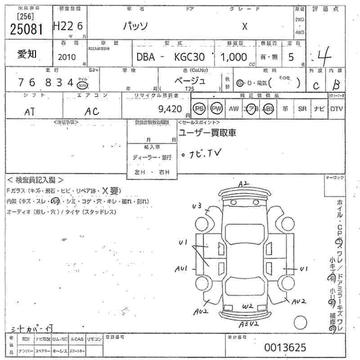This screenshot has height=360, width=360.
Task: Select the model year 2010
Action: (67, 57)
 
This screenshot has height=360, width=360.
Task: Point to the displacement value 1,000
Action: (234, 57)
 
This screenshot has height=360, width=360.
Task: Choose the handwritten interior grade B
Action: (336, 85)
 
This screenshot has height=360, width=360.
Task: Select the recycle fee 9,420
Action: (171, 108)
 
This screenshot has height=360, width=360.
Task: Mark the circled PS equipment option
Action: (198, 109)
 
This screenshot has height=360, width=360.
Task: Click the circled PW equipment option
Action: (216, 109)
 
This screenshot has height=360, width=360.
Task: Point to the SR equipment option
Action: (302, 109)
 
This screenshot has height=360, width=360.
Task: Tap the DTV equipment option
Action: (336, 109)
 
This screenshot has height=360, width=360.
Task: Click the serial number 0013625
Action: (285, 347)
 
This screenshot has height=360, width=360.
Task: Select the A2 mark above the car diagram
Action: (243, 184)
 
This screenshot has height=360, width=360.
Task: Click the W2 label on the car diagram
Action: (247, 306)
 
